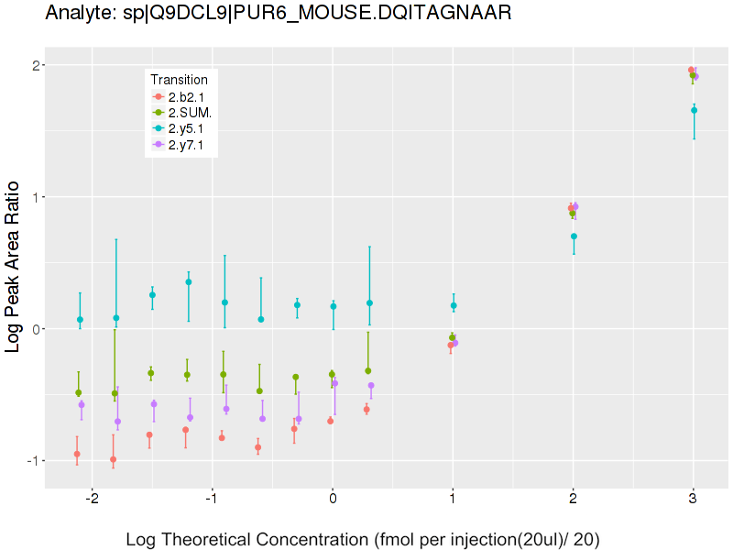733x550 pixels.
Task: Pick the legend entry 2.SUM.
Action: point(191,113)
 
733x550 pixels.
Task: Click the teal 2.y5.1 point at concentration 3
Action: point(694,110)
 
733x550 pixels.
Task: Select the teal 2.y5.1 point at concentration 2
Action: point(574,236)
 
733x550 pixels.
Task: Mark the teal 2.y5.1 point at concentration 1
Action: point(454,305)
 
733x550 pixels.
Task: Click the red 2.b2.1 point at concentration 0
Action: point(330,421)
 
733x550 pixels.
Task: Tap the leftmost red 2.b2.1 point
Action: point(76,454)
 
